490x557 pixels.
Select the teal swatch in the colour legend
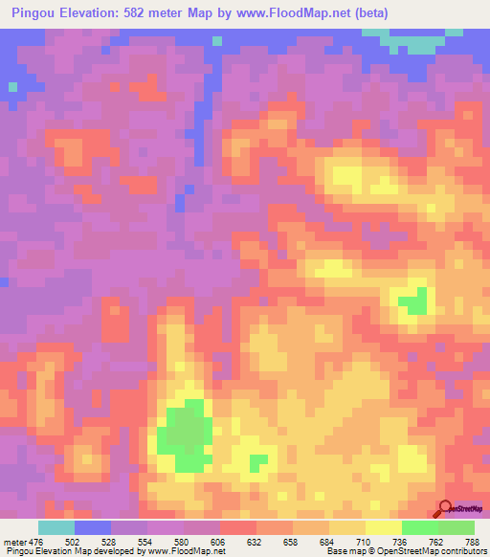pyautogui.click(x=56, y=527)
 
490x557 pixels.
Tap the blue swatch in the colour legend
pyautogui.click(x=93, y=527)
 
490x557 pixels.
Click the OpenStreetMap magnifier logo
pyautogui.click(x=445, y=508)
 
